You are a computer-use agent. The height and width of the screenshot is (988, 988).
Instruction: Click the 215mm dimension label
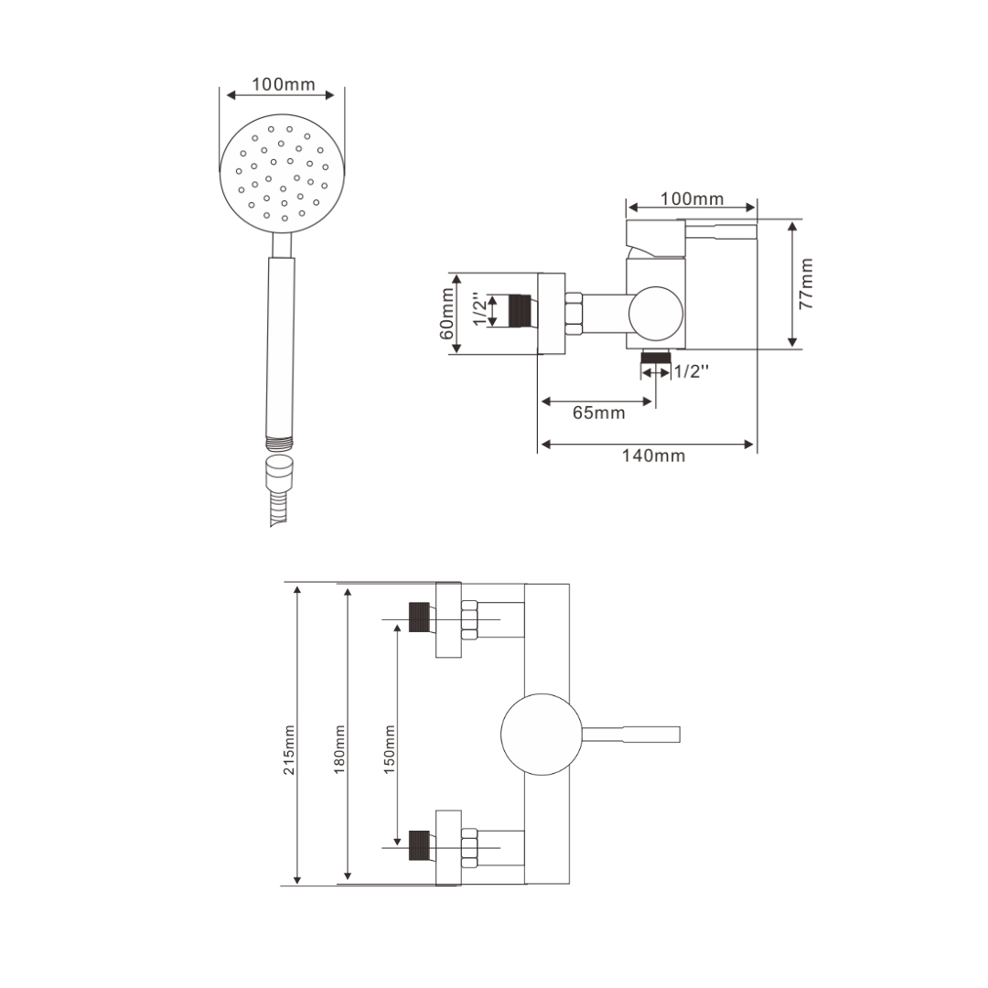(x=288, y=750)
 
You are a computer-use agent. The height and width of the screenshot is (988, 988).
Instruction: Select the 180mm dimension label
(x=339, y=749)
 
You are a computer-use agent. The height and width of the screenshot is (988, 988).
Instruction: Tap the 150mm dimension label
(x=390, y=749)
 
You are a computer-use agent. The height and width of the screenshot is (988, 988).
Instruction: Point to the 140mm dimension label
(x=653, y=456)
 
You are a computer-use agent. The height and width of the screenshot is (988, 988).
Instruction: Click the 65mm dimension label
(x=598, y=413)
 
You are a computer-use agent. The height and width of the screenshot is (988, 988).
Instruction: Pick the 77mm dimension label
(x=807, y=284)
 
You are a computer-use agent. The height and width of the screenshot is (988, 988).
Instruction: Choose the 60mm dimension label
(x=446, y=313)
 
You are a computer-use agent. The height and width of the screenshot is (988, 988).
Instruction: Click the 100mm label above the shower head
(x=284, y=84)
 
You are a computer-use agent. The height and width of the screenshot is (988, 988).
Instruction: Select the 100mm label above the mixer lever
(x=692, y=199)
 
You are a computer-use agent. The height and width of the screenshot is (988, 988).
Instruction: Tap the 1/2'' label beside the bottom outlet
(x=692, y=371)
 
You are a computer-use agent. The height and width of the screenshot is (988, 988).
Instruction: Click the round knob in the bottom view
(x=542, y=734)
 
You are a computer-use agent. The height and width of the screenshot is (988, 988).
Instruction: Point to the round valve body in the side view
(x=656, y=314)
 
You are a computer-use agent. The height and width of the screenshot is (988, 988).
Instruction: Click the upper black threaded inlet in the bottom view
(x=420, y=617)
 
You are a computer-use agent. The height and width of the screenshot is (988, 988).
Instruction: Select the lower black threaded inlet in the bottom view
(x=420, y=845)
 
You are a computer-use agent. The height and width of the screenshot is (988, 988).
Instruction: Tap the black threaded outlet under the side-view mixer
(x=655, y=358)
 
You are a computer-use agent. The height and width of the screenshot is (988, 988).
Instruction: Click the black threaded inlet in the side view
(x=521, y=311)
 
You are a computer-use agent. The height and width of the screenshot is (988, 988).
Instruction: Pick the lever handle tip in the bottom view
(x=679, y=734)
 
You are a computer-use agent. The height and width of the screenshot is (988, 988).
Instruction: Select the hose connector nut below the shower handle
(x=281, y=473)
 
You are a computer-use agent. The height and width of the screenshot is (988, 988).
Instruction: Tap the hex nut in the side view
(x=575, y=313)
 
